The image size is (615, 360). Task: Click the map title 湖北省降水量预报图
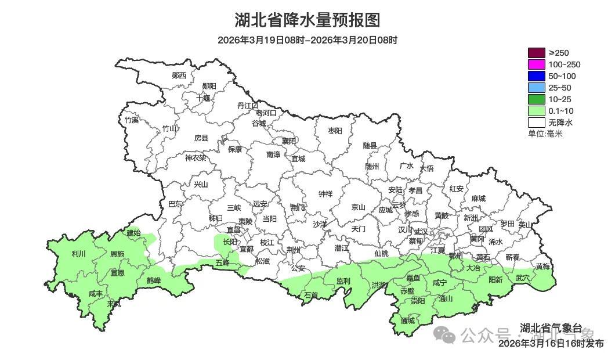point(307,20)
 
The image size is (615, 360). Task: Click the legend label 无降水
point(560,123)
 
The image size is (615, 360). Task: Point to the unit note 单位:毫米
point(545,134)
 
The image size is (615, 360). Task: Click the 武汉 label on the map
point(421,232)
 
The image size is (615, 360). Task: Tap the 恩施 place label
point(117,254)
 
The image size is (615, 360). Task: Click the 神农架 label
point(196,157)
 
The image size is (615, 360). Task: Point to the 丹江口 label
point(248,106)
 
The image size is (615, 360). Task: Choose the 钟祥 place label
point(325,194)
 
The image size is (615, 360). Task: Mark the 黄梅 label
point(542,267)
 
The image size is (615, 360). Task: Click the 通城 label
point(408,321)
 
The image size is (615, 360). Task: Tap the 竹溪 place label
point(132,120)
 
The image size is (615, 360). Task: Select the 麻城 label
point(478,199)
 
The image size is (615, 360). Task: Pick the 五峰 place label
point(222,263)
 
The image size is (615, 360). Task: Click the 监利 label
point(343,281)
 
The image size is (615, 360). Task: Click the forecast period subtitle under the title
point(307,40)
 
